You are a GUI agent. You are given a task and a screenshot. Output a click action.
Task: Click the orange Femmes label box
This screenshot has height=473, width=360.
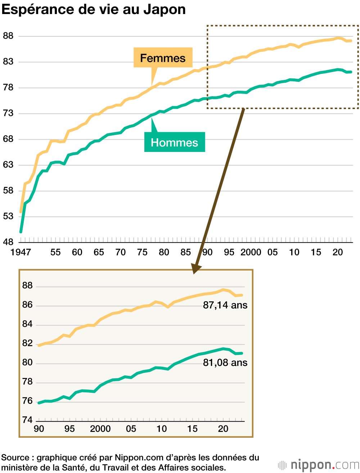(163, 58)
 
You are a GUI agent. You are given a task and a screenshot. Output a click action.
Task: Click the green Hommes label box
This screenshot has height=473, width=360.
(175, 142)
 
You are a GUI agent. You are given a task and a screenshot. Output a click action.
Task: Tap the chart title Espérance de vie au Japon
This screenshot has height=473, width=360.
(94, 9)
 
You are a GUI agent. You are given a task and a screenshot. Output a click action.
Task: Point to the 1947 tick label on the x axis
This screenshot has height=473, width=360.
(21, 252)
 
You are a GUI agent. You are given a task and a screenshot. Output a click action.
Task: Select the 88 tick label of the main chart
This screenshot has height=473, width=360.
(8, 36)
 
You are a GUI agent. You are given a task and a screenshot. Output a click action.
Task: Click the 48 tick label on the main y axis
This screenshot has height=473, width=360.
(8, 242)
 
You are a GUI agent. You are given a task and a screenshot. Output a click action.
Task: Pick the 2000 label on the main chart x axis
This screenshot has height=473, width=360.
(251, 252)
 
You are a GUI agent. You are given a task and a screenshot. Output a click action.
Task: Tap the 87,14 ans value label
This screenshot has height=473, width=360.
(225, 305)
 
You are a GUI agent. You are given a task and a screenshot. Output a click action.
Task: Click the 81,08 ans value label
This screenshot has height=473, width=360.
(225, 362)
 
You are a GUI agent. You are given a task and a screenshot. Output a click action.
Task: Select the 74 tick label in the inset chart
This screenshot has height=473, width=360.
(27, 420)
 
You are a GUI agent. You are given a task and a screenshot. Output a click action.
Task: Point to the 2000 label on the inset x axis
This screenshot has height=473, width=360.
(100, 429)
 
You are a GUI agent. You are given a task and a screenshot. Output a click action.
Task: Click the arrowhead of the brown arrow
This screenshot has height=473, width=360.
(196, 269)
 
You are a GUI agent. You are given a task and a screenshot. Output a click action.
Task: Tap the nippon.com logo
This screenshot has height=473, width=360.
(319, 465)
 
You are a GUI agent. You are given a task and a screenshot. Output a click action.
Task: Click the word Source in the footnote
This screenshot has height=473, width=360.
(15, 458)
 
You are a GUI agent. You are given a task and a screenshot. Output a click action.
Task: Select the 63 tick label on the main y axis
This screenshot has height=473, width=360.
(8, 165)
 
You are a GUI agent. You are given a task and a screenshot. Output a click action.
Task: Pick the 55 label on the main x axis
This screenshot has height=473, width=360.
(55, 252)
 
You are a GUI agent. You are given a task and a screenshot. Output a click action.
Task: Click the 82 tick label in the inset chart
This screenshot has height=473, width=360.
(27, 343)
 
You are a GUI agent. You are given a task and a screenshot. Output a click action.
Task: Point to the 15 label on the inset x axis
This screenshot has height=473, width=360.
(192, 429)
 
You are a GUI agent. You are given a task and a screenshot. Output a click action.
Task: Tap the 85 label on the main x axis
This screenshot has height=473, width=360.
(186, 252)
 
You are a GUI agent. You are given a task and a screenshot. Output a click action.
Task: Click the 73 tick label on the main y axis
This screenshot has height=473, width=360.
(8, 113)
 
